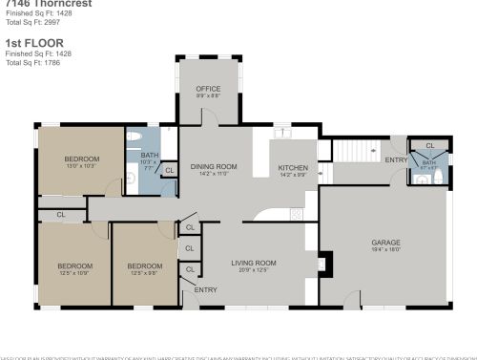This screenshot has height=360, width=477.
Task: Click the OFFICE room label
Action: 209,89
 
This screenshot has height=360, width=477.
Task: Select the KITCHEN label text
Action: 293,168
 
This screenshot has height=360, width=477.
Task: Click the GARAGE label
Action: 385,243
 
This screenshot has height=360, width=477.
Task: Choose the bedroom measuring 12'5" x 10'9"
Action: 73,265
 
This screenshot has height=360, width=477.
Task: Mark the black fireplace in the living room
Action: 325,263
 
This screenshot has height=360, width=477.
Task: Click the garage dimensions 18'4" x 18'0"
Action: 385,251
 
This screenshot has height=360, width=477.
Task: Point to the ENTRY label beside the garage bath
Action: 396,160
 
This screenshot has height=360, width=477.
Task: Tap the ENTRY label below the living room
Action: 205,289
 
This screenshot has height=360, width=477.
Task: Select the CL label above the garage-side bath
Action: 429,146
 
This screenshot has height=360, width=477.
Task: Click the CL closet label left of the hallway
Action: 60,215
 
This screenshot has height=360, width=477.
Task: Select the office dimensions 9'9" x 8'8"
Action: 209,96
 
